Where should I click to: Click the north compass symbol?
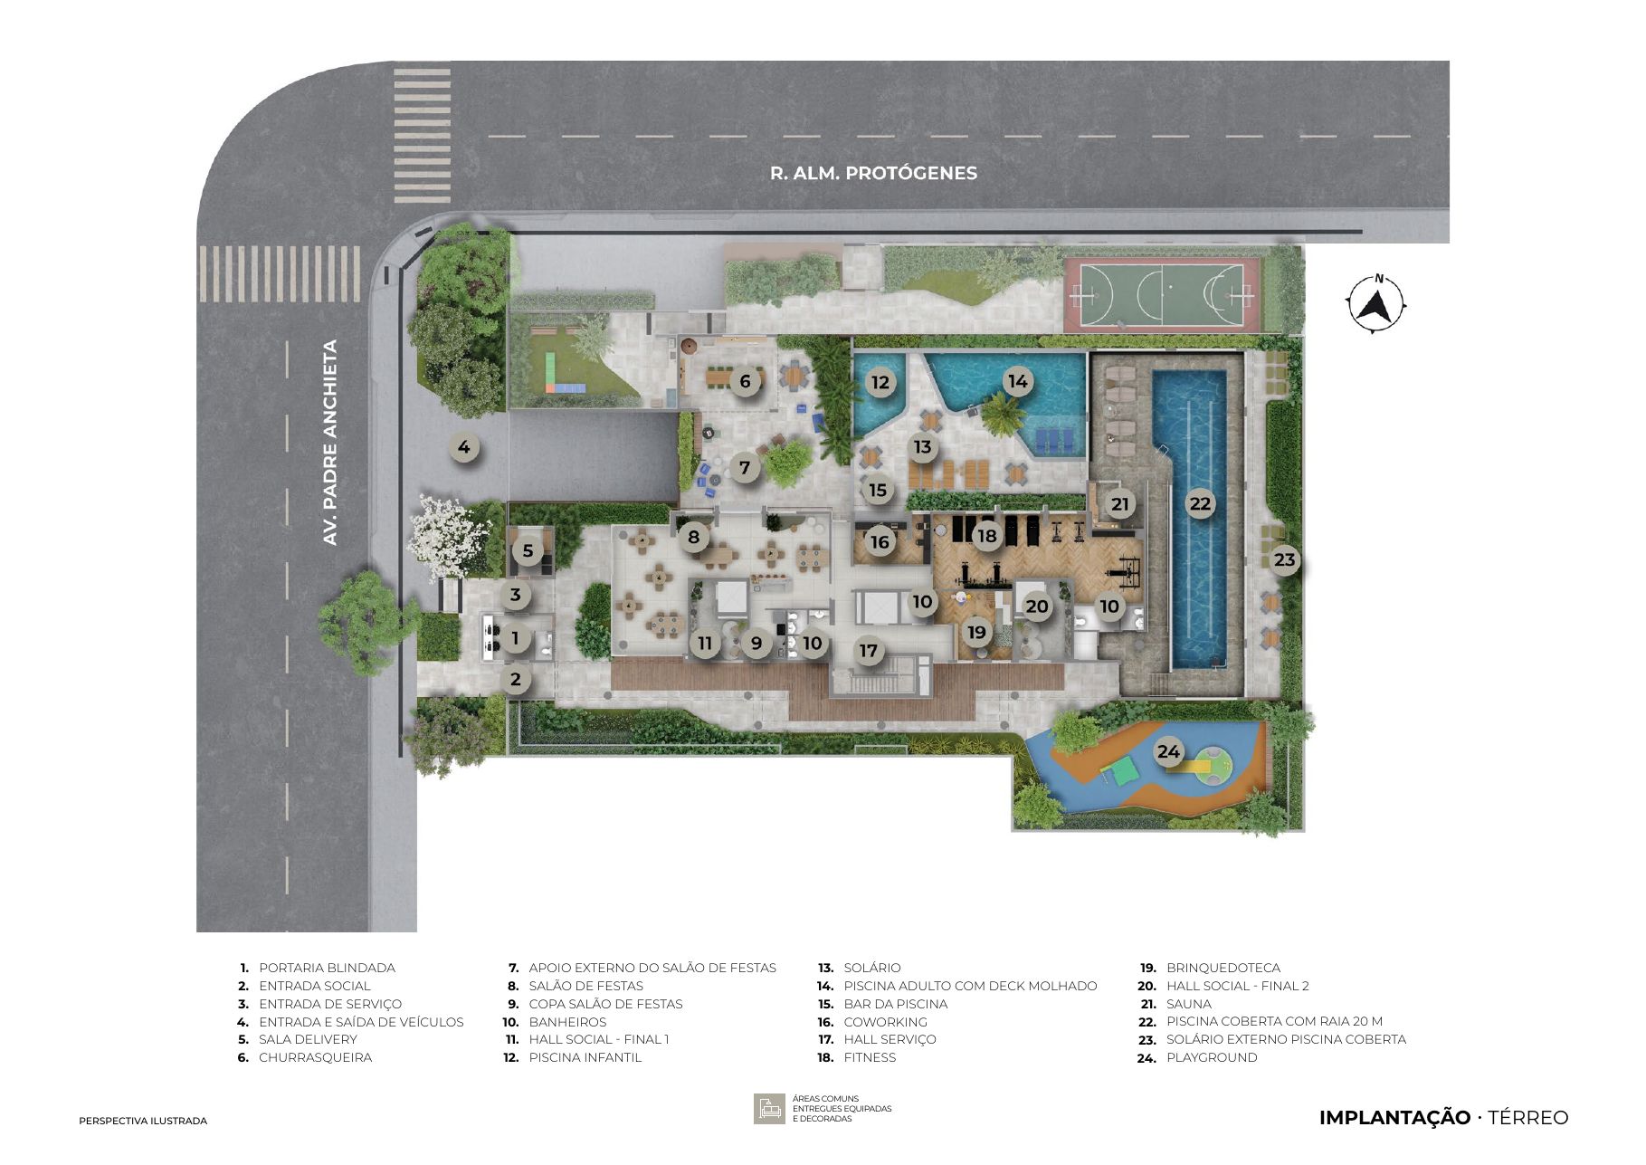(1376, 303)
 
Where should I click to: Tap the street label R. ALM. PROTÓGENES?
(873, 173)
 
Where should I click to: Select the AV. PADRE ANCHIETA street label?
(330, 442)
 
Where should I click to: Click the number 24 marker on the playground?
(1168, 751)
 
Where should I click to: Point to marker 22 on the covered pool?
(1200, 504)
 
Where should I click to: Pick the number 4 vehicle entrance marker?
(464, 446)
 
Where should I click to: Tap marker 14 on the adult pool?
(1018, 381)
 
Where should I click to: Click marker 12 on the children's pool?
(880, 382)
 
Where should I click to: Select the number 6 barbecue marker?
(745, 381)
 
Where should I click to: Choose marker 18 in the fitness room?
(986, 536)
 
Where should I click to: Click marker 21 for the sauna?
(1120, 504)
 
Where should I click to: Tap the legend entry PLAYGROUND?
(1212, 1057)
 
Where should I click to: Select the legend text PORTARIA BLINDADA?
(327, 968)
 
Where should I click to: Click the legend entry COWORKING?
(885, 1022)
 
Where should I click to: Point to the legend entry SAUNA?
(1188, 1004)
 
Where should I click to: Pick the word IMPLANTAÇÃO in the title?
(1394, 1118)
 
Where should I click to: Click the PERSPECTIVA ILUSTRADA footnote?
(143, 1121)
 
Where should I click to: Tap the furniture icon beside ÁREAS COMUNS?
(769, 1109)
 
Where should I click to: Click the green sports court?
(1162, 294)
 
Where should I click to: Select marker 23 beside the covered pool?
(1284, 559)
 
